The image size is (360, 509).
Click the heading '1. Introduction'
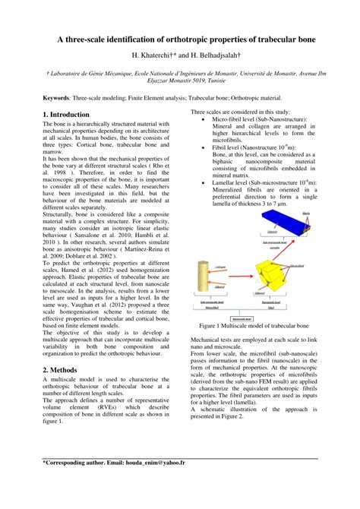[67, 114]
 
